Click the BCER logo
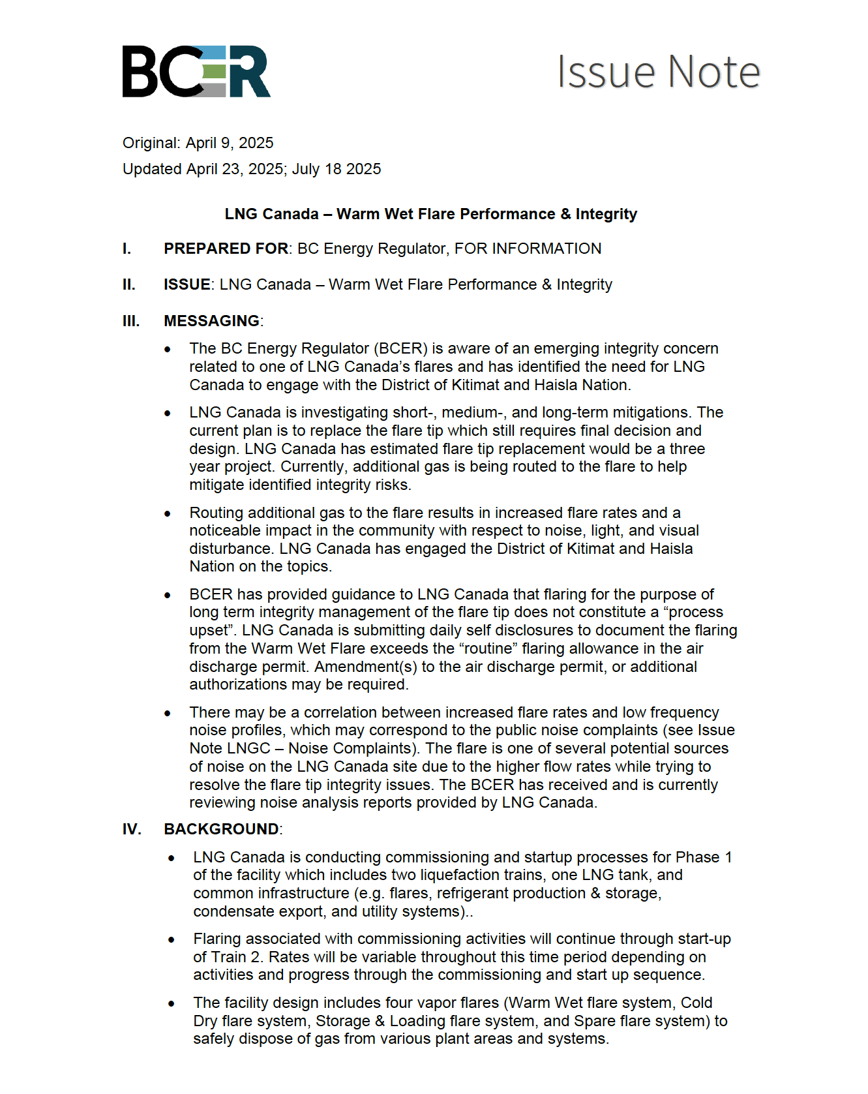pos(196,72)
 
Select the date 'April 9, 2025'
pos(230,143)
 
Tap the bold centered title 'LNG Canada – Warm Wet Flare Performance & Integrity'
pos(431,214)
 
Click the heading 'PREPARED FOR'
pos(226,249)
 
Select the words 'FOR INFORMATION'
pos(528,249)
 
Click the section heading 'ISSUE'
pos(187,284)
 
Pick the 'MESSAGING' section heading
pos(212,321)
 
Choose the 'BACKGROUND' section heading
pos(222,829)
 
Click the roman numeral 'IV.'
pos(132,829)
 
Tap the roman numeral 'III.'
pos(131,321)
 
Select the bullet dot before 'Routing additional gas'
pos(168,513)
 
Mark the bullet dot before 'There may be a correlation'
pos(168,713)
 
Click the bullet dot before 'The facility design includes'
pos(172,1003)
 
